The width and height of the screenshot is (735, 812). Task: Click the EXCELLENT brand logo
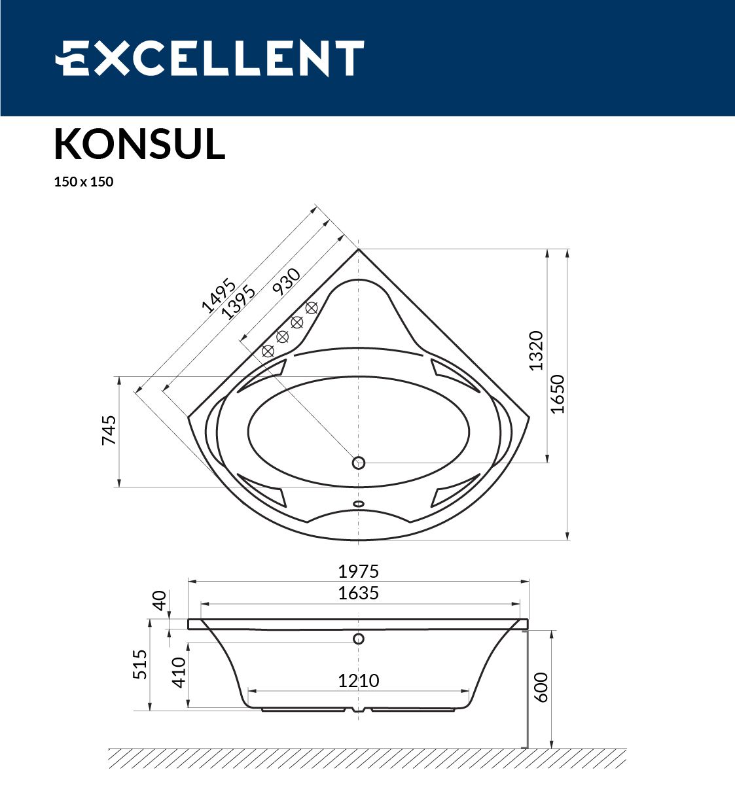[x=209, y=58]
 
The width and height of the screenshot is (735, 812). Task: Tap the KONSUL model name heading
[x=139, y=145]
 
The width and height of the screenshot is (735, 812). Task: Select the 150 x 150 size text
[x=84, y=182]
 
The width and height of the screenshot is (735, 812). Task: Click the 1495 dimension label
[x=218, y=296]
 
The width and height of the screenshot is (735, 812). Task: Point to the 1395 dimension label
[x=239, y=302]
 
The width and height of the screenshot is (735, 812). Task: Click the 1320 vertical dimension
[x=536, y=351]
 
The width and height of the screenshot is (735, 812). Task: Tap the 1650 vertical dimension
[x=557, y=394]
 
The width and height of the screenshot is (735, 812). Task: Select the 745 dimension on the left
[x=109, y=431]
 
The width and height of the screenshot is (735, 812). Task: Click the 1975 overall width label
[x=359, y=572]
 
